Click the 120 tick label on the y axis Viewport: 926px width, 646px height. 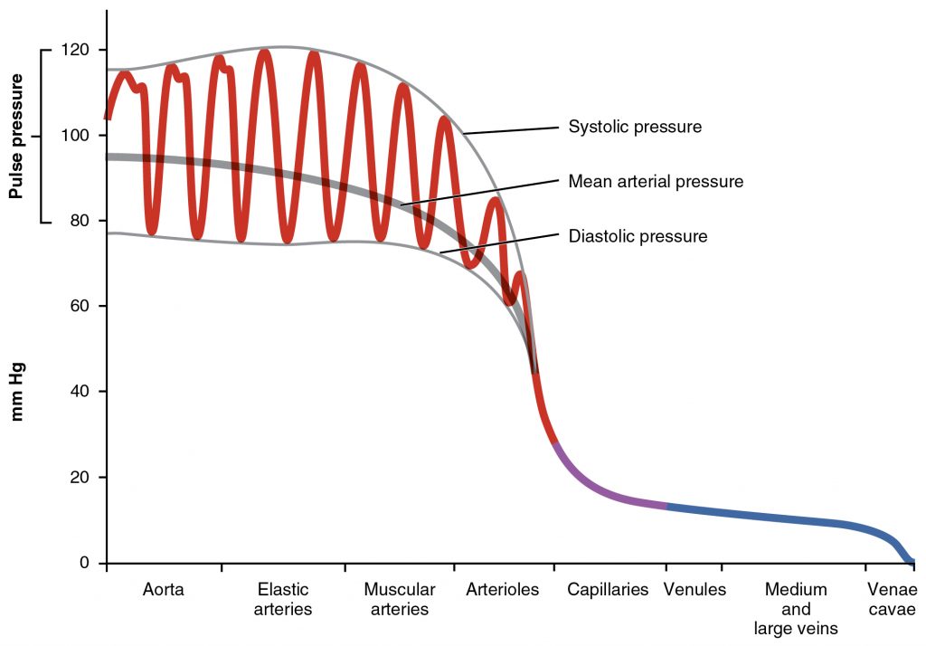(76, 50)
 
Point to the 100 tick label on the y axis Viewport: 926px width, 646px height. (76, 136)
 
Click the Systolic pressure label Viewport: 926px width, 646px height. (635, 127)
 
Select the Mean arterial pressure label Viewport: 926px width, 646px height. (656, 182)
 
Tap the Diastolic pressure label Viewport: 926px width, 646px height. (638, 237)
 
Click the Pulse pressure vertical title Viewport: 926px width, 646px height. (16, 136)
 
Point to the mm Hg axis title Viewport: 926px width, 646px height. (16, 392)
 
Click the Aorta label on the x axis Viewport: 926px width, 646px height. (164, 590)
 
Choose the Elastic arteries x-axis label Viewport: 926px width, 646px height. (283, 600)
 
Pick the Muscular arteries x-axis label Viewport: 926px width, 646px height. (400, 600)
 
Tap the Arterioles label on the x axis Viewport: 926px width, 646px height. (503, 590)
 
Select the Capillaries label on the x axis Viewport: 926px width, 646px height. (609, 590)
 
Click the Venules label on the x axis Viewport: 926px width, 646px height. (695, 590)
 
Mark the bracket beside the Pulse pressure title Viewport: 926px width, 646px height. (43, 136)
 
